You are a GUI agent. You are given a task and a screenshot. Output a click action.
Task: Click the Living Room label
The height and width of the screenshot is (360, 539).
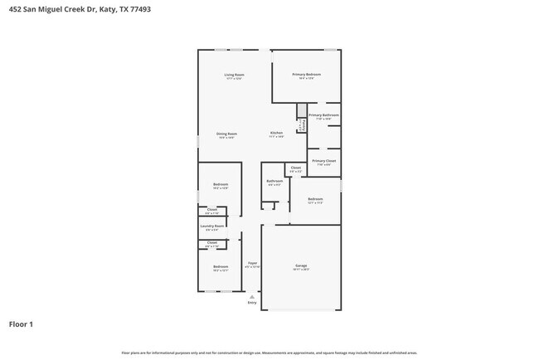point(234,75)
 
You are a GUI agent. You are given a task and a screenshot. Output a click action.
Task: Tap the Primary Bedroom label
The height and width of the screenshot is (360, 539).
point(306,74)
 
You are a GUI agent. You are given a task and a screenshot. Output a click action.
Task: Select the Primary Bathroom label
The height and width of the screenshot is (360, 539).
point(323,114)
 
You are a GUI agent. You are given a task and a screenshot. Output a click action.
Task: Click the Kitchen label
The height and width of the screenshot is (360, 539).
point(276,134)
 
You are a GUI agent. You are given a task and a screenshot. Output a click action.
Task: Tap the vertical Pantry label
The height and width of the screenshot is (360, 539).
point(301,124)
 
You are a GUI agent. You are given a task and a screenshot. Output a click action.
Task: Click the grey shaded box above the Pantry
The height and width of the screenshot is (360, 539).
point(302,109)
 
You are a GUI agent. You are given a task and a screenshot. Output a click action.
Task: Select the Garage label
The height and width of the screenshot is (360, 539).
point(300,265)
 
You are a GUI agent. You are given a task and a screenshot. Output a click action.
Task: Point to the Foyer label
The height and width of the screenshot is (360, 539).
point(251,264)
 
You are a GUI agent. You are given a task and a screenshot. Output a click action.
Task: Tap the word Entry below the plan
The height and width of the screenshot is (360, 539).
point(252,302)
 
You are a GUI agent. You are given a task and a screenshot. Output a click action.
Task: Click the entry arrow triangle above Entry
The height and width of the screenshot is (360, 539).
point(252,295)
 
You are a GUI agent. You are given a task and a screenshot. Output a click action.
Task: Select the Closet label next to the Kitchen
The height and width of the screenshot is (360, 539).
point(295,168)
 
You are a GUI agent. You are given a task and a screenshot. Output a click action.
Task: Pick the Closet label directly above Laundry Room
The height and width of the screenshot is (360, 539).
point(211,211)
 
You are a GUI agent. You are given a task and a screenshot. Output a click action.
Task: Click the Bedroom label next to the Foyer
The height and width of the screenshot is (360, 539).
point(220,265)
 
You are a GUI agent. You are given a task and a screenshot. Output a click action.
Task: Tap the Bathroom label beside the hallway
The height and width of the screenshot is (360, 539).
point(274,181)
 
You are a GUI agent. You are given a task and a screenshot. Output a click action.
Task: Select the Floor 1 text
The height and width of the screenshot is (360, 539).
point(22,324)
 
